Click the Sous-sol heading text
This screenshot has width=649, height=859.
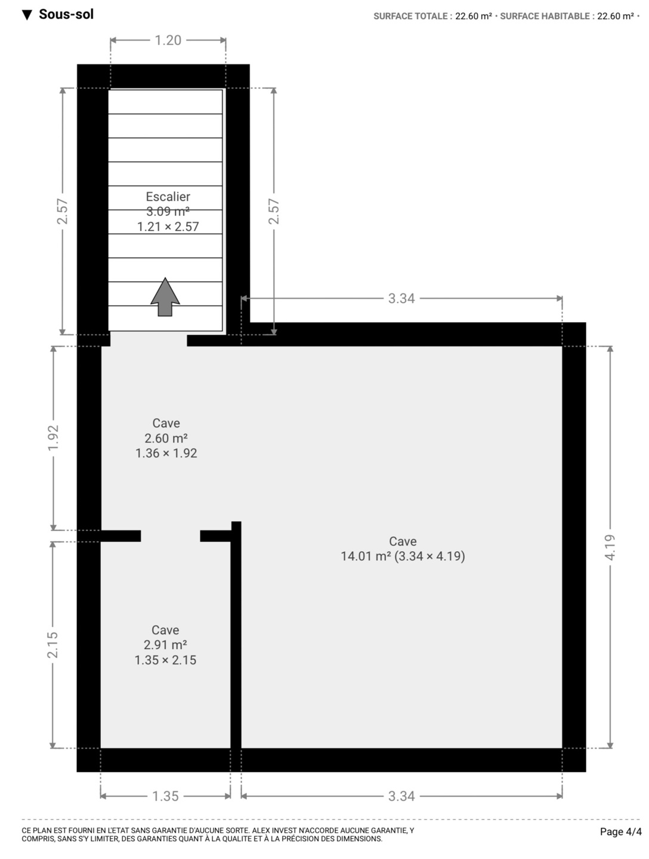[x=66, y=14]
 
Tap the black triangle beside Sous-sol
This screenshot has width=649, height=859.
[x=27, y=16]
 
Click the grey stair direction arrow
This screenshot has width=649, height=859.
[x=165, y=297]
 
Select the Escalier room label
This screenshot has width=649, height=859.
[x=168, y=196]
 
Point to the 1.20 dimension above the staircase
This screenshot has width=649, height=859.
[x=168, y=41]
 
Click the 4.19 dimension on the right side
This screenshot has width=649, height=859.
[x=610, y=547]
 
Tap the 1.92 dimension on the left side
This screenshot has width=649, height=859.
[x=53, y=437]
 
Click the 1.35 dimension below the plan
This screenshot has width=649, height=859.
[x=165, y=796]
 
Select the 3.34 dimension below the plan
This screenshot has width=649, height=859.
[x=401, y=796]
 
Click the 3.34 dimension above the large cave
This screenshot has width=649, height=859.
[x=401, y=299]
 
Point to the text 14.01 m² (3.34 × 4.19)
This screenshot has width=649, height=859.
[x=403, y=556]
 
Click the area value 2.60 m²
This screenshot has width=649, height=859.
[x=166, y=438]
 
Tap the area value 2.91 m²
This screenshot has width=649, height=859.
[x=165, y=645]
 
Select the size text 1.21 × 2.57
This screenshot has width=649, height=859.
[x=168, y=227]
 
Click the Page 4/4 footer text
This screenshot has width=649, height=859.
[x=621, y=832]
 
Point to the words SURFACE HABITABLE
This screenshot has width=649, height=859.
[x=545, y=17]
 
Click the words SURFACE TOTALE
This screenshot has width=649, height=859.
[x=411, y=17]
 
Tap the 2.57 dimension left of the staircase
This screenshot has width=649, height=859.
[x=63, y=211]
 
